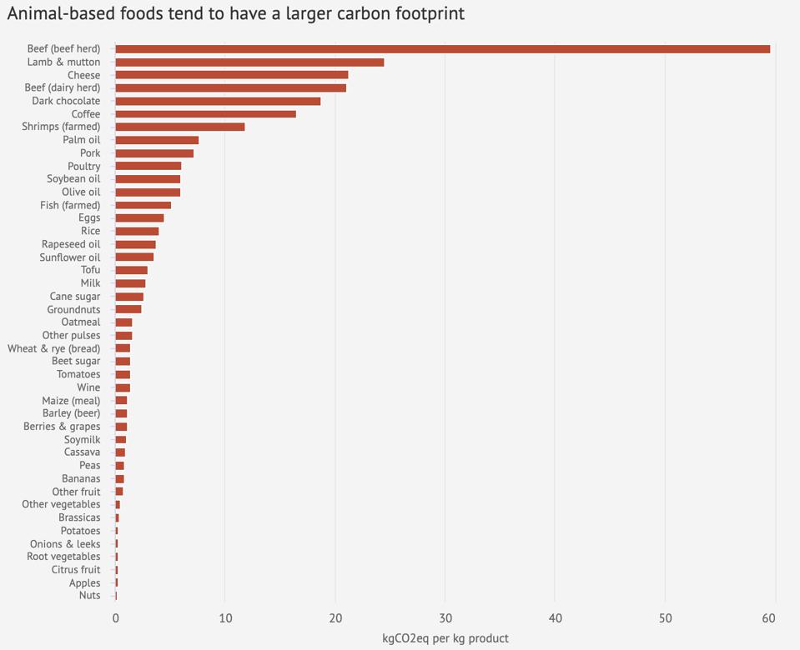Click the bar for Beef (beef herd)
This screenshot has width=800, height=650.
[x=442, y=49]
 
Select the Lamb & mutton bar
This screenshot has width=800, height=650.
[x=249, y=62]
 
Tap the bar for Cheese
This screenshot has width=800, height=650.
[x=231, y=75]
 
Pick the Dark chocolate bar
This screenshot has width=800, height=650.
[x=218, y=101]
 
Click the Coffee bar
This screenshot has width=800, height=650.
[x=205, y=114]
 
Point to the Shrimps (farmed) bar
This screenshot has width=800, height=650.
[x=179, y=127]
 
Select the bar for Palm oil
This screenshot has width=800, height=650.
[x=157, y=140]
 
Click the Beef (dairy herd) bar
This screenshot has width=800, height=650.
[x=230, y=88]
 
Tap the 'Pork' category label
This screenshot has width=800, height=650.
[x=90, y=153]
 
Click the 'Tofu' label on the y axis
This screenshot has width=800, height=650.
[x=90, y=270]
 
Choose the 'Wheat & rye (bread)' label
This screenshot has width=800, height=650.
[x=54, y=348]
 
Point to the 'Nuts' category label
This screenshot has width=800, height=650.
[x=89, y=595]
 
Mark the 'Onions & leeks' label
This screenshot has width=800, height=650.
[x=65, y=543]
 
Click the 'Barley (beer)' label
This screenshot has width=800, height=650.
[x=72, y=413]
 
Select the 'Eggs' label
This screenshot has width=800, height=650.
[x=89, y=218]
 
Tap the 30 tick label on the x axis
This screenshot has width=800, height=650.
[x=445, y=618]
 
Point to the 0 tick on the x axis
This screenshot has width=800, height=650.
[x=116, y=618]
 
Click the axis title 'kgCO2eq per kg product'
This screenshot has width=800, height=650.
[x=445, y=638]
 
